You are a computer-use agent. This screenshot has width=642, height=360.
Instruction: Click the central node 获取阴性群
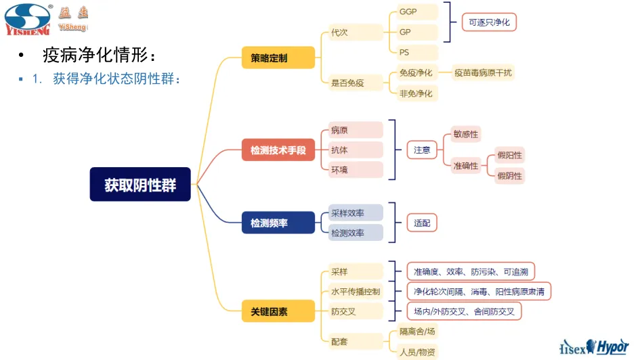pos(140,185)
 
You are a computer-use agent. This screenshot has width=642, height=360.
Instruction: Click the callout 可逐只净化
pos(489,22)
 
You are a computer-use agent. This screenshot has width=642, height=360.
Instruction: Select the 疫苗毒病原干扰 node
pos(484,72)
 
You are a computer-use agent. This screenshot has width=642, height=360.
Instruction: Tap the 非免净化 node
pos(416,93)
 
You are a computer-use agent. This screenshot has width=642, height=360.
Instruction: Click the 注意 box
pos(422,150)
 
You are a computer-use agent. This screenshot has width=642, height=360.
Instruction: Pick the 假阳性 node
pos(510,156)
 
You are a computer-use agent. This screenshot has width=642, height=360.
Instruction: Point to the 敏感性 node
pos(465,134)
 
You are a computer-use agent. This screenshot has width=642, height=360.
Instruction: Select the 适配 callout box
pos(422,222)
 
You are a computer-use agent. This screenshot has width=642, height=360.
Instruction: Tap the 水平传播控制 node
pos(356,292)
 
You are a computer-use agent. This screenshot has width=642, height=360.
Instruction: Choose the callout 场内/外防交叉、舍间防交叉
pos(464,311)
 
